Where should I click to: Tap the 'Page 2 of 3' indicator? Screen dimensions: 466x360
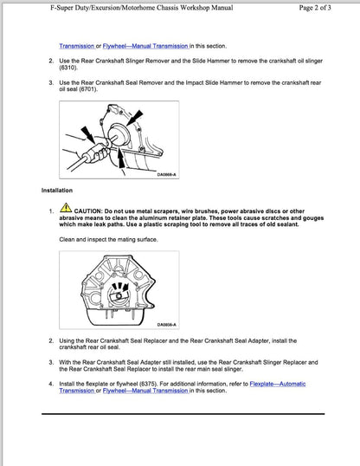(321, 8)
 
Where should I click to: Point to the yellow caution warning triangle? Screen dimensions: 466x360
(67, 209)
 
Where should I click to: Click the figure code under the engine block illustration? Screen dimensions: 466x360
(166, 325)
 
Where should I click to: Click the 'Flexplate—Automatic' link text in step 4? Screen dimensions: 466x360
(277, 384)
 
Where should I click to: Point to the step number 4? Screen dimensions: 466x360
(50, 384)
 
